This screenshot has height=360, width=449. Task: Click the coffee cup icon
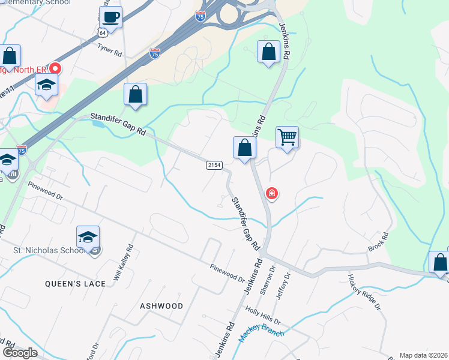pos(110,17)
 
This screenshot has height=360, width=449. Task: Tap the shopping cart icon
pos(287,137)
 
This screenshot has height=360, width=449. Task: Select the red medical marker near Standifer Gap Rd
pos(271,194)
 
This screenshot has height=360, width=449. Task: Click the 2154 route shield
pos(214,165)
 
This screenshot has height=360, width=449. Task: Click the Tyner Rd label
pos(110,50)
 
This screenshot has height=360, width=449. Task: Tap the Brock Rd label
pos(379,241)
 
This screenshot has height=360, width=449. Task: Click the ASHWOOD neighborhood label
pos(161,306)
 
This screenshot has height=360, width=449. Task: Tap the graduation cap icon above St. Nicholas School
pos(88,237)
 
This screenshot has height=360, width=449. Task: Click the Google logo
pos(20,353)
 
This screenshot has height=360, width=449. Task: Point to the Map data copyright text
pos(424,355)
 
